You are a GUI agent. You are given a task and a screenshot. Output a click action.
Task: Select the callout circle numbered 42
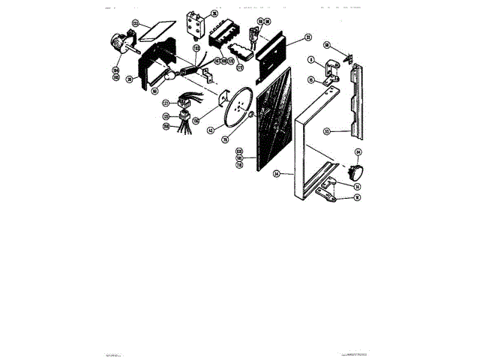click(x=211, y=130)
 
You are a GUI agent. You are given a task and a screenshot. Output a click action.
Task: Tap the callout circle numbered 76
click(x=245, y=136)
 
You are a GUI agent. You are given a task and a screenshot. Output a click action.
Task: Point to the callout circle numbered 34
click(x=277, y=174)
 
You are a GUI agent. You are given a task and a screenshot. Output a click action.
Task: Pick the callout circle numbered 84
click(x=358, y=153)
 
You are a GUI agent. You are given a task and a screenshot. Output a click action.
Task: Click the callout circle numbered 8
click(x=311, y=59)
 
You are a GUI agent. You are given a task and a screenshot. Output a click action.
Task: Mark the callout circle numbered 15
click(x=311, y=79)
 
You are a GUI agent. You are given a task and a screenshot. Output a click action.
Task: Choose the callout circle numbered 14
click(x=358, y=186)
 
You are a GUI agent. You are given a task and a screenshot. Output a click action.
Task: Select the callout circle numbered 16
click(x=358, y=198)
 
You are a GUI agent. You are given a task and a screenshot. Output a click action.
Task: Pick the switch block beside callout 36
click(x=196, y=23)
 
